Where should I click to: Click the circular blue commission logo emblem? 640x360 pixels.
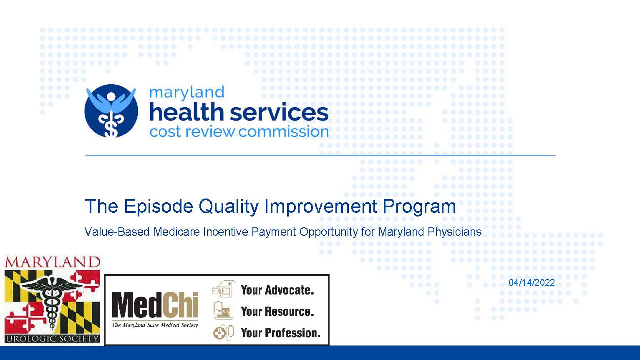tap(111, 111)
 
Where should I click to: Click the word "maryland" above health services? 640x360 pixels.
tap(186, 93)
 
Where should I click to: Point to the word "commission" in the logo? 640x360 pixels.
tap(283, 132)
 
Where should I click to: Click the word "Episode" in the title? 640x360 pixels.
tap(159, 206)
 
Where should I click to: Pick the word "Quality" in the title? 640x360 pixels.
tap(229, 206)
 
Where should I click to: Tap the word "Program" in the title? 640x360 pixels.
tap(419, 206)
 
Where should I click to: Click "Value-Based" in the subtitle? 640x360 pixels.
tap(117, 232)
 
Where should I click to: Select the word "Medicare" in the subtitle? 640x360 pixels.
tap(176, 232)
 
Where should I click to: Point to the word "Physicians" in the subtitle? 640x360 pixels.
tap(455, 232)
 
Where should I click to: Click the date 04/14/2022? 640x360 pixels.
tap(532, 282)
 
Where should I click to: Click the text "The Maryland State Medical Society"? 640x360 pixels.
tap(154, 325)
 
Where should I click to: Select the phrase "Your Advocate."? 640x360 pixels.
tap(277, 290)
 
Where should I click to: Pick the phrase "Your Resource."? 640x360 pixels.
tap(277, 312)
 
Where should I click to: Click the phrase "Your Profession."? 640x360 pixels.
tap(280, 333)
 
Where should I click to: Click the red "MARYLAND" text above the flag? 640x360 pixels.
tap(53, 262)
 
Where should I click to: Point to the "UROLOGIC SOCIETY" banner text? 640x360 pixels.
tap(53, 339)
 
